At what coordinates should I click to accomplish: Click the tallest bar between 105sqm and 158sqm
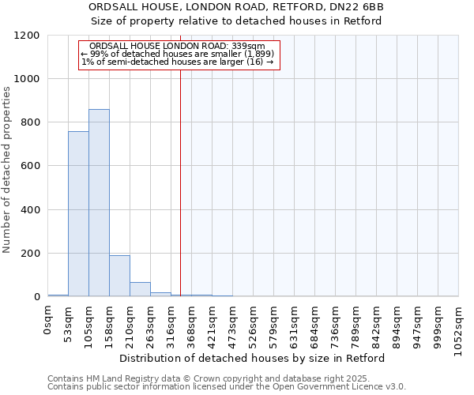[x=99, y=203]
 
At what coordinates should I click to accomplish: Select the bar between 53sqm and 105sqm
[x=78, y=214]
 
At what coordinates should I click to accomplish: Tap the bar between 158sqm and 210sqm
[x=119, y=276]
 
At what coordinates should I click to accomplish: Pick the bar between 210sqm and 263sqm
[x=140, y=289]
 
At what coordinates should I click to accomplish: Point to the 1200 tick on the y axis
[x=30, y=36]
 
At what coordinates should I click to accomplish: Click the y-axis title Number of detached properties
[x=7, y=170]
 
